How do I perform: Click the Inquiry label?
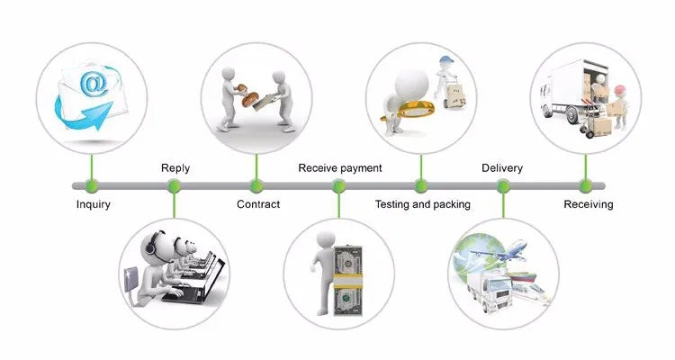click(x=93, y=204)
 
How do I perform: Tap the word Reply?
click(x=175, y=168)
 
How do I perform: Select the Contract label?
click(x=258, y=204)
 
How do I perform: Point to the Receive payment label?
click(x=340, y=168)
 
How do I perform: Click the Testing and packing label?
click(x=423, y=204)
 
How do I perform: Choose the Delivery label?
click(x=502, y=168)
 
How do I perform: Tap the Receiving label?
click(x=589, y=204)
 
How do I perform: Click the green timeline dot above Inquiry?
click(x=92, y=186)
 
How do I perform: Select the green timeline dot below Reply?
click(x=174, y=186)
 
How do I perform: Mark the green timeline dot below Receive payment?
click(x=338, y=186)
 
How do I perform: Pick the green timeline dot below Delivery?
click(x=503, y=186)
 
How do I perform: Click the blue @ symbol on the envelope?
click(x=94, y=84)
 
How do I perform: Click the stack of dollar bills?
click(x=347, y=280)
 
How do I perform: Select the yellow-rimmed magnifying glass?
click(x=407, y=111)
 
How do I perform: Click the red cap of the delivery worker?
click(x=619, y=90)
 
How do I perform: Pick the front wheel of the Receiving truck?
click(x=572, y=115)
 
